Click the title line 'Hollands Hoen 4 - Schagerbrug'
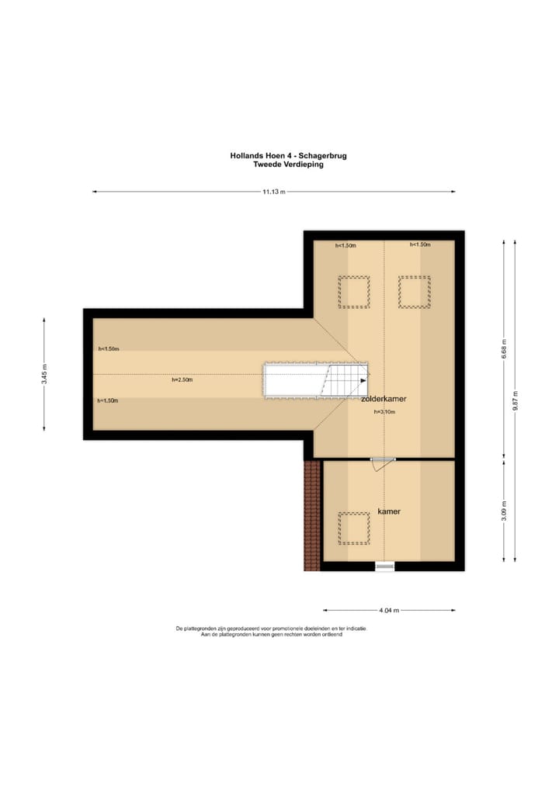coord(288,155)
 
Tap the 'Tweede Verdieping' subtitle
coord(288,165)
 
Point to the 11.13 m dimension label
coord(274,191)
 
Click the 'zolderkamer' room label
coord(384,398)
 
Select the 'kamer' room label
coord(389,512)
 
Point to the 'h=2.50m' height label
coord(182,380)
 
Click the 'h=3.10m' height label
coord(384,412)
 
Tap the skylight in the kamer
coord(354,528)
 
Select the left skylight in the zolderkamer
coord(354,292)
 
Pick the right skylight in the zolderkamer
coord(414,292)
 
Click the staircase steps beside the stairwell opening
coord(342,380)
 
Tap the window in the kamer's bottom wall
coord(385,567)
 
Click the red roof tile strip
coord(311,515)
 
